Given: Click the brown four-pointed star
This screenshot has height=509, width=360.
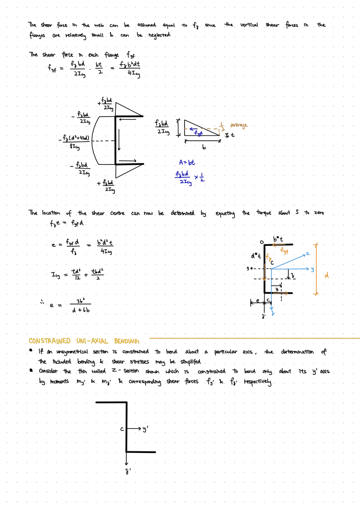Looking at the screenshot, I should click(220, 128).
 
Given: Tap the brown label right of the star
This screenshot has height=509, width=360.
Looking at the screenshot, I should click(239, 126).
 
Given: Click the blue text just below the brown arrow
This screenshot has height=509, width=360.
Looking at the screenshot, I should click(197, 133).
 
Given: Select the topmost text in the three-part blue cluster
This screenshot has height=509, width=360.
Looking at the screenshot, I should click(187, 162).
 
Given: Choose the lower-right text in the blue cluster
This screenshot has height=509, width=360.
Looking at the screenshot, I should click(199, 178).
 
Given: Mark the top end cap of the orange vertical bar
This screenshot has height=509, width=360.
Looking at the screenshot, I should click(315, 243).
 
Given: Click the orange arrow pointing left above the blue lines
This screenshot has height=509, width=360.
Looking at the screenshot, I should click(279, 245).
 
